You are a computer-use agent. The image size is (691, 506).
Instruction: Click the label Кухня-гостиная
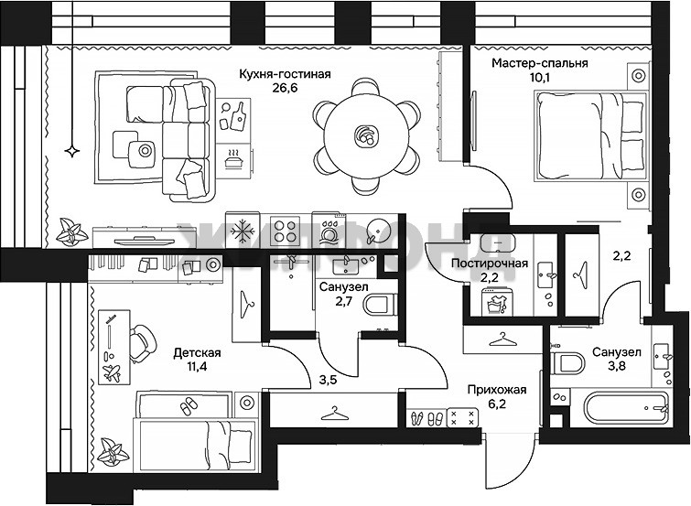(x=285, y=74)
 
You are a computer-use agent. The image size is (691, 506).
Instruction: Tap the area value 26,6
(x=286, y=88)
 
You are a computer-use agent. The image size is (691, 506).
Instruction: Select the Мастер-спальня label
(x=540, y=63)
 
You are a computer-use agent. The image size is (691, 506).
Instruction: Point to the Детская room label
(x=197, y=352)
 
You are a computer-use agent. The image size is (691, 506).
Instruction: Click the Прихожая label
(x=497, y=390)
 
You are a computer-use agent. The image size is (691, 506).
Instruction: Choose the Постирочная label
(x=490, y=264)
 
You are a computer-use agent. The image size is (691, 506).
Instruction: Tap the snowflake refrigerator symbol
(x=243, y=231)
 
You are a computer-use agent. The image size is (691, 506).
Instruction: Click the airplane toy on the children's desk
(x=111, y=373)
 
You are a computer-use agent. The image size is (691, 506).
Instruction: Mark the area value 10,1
(x=541, y=78)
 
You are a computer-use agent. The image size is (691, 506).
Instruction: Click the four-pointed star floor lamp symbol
(x=71, y=151)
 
